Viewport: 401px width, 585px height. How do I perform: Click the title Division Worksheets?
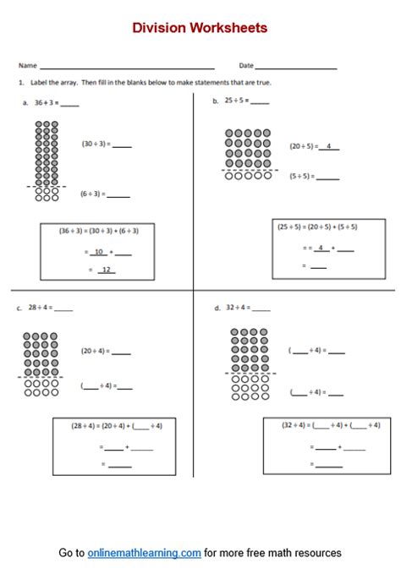click(x=200, y=28)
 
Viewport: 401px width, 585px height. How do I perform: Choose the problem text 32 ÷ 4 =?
click(x=238, y=309)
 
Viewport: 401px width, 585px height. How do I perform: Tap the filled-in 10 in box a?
click(x=99, y=252)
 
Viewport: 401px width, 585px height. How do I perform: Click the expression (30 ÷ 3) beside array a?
click(x=94, y=145)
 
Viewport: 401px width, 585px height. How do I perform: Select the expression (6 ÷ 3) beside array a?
click(x=91, y=194)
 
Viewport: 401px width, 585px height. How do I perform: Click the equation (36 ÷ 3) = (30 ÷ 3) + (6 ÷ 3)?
click(x=99, y=230)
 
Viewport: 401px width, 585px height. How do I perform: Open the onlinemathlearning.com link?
click(x=144, y=553)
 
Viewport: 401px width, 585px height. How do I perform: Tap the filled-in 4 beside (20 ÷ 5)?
click(x=328, y=146)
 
